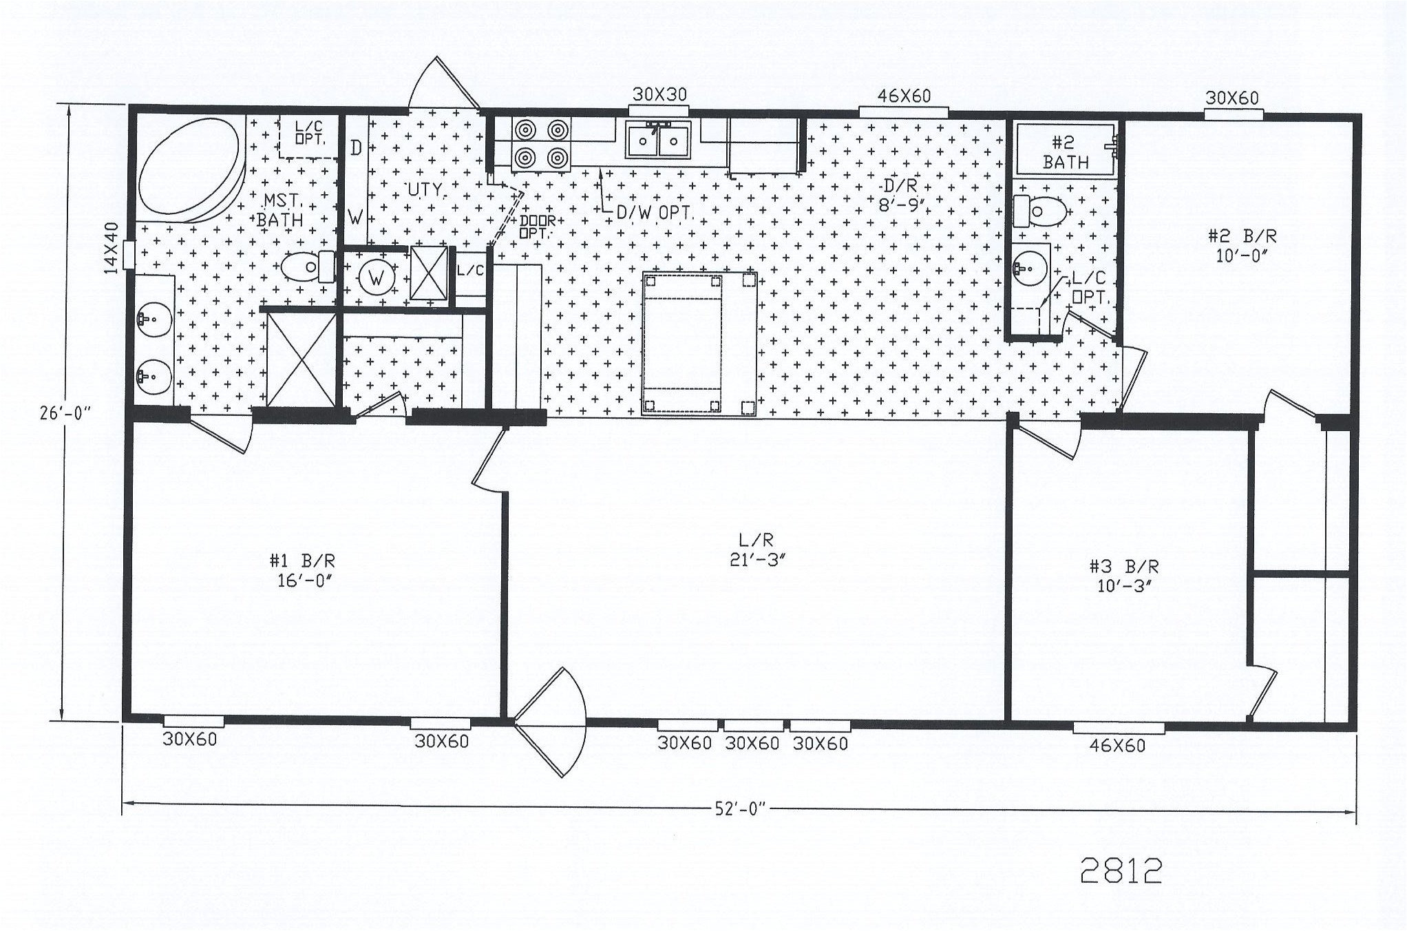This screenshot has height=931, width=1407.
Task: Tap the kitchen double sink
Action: (658, 140)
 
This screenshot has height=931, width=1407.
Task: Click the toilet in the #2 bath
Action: (1040, 211)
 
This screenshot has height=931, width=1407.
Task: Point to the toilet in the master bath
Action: (307, 266)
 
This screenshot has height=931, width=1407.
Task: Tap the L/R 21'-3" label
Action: (757, 550)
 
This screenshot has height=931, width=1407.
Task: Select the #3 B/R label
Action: (1123, 576)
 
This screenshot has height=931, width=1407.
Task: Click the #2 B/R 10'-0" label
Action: (1242, 245)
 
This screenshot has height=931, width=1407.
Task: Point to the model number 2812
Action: (1121, 871)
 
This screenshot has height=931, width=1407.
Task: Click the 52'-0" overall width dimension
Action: (740, 809)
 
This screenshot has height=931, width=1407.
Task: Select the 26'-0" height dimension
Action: (65, 413)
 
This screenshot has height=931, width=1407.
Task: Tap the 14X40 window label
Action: (111, 248)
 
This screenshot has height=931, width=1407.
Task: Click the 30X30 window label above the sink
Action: (659, 94)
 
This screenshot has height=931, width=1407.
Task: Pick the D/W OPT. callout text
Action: (653, 213)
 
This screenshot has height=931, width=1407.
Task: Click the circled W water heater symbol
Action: (376, 278)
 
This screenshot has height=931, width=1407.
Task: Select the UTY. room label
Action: (425, 189)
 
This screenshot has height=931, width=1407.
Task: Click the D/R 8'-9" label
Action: (900, 195)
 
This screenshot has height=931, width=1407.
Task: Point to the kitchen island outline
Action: (699, 344)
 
